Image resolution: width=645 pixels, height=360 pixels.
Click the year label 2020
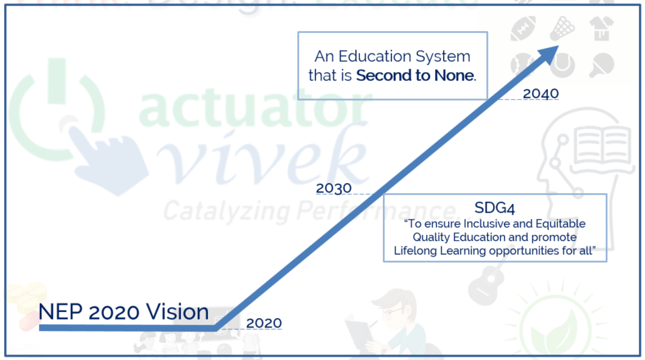coord(264,323)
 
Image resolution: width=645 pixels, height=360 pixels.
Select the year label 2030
coord(334,188)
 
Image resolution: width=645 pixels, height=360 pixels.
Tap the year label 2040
coord(541,94)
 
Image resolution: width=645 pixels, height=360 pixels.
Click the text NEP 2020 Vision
coord(124,312)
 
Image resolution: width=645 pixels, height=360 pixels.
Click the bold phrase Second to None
coord(415,75)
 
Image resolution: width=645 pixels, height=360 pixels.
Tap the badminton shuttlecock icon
coord(561,28)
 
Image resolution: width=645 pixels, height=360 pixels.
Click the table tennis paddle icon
coord(598,65)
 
